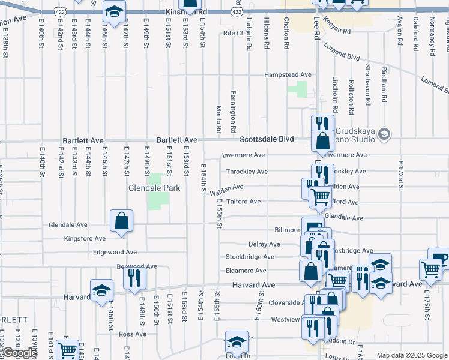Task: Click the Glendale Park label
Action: click(146, 188)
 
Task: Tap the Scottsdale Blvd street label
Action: click(267, 139)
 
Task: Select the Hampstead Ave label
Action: click(289, 75)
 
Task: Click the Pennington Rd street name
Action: click(233, 113)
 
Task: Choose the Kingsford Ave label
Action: click(85, 239)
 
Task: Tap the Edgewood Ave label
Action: click(115, 253)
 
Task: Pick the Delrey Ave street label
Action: click(264, 244)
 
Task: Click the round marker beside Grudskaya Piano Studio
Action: click(384, 134)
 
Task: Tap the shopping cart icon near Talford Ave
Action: click(319, 195)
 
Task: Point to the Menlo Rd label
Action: click(219, 119)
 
